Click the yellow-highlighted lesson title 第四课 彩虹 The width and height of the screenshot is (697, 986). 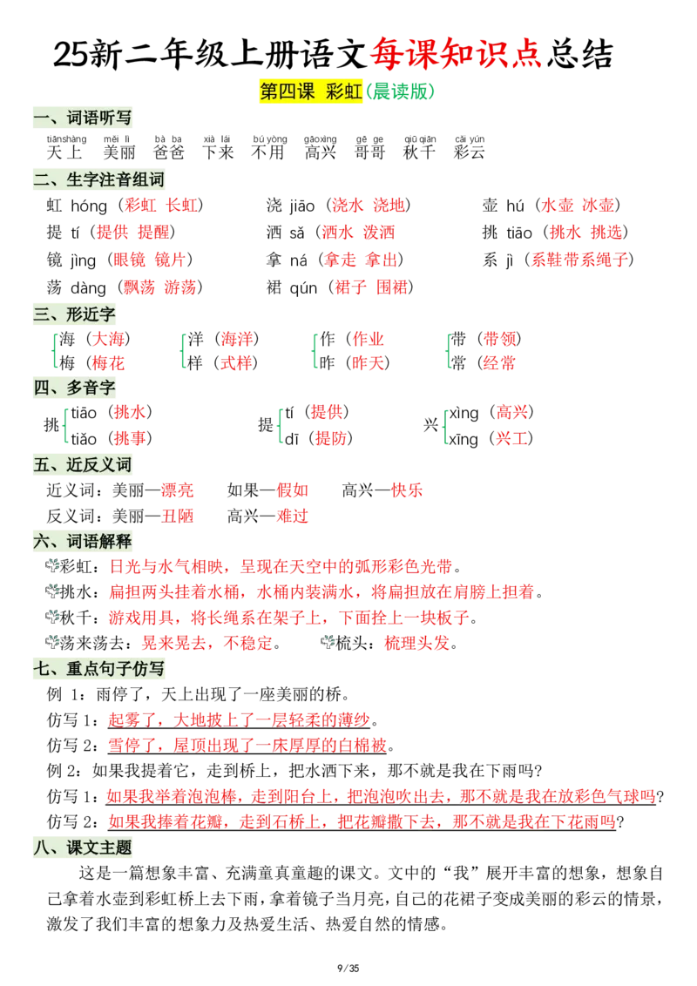(x=311, y=91)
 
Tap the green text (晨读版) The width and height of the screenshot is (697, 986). (x=400, y=91)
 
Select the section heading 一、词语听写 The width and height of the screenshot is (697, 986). (x=83, y=118)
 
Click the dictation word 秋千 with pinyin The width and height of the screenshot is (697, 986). (x=420, y=147)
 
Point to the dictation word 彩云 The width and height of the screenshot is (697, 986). (x=470, y=147)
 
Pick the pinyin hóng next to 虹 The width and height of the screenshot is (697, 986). (x=89, y=206)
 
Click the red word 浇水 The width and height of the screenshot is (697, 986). (x=348, y=205)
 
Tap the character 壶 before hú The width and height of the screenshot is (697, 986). (x=490, y=205)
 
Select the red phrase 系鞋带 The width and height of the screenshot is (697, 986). (x=556, y=260)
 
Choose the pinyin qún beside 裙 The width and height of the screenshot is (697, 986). (x=303, y=288)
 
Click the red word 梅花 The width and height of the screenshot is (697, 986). (x=108, y=363)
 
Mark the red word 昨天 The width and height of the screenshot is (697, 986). (x=368, y=363)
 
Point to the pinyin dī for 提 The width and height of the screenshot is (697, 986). (x=291, y=438)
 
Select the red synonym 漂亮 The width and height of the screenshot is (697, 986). (x=178, y=490)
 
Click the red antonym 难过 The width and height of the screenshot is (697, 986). (x=293, y=517)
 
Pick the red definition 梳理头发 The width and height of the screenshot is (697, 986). (x=417, y=644)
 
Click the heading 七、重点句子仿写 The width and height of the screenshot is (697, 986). (x=98, y=668)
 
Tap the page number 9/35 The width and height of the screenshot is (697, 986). (x=348, y=969)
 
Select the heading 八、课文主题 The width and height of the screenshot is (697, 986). (x=83, y=848)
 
